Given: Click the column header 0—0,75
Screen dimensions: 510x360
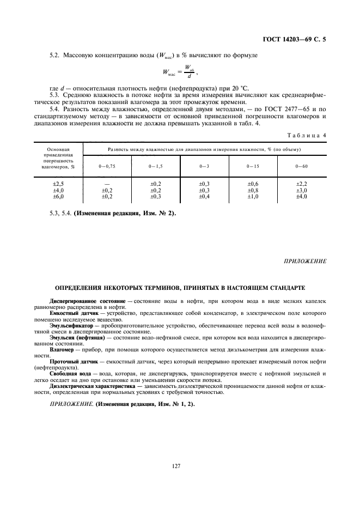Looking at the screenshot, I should point(107,165).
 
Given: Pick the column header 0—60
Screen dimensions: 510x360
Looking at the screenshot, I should point(302,165).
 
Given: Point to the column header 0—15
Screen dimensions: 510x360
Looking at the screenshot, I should point(253,165).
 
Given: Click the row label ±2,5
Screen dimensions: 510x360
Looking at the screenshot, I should point(58,185).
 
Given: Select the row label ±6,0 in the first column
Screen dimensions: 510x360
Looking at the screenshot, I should point(58,196).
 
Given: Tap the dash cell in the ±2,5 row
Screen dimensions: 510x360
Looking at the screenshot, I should point(107,185).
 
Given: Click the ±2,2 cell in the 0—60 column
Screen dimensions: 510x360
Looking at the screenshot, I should point(302,185).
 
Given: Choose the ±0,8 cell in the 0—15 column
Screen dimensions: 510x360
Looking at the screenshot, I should point(253,191).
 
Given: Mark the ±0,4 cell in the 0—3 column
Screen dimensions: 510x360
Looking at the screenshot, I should point(204,196).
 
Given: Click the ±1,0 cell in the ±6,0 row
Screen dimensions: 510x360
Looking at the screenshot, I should point(253,196).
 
